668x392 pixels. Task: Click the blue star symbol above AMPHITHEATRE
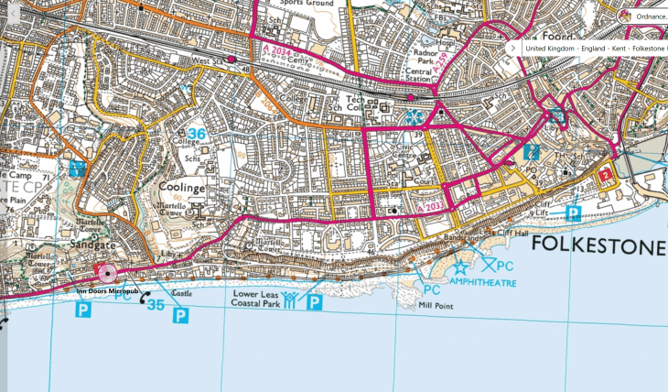pos(461,267)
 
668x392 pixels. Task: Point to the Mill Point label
pos(435,305)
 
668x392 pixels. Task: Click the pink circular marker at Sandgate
pos(107,273)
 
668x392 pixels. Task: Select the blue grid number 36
pos(196,134)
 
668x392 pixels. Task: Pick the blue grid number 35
pos(156,305)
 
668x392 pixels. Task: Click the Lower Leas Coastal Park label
pos(254,299)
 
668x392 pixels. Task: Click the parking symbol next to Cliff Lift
pos(573,213)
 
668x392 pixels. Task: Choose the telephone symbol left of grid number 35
pos(143,298)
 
